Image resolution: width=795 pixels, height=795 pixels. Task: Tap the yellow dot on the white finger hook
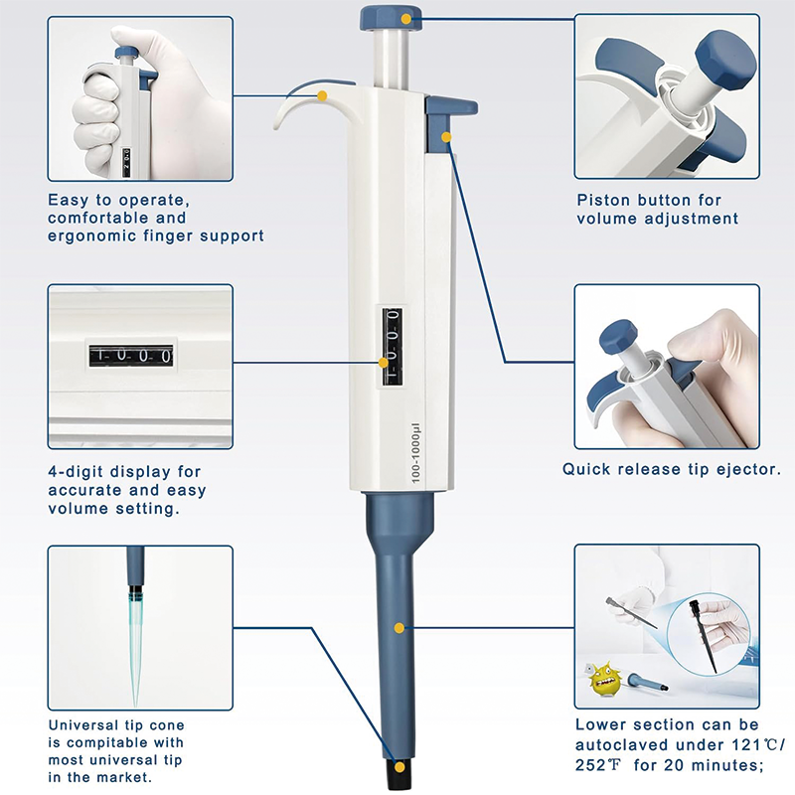click(323, 95)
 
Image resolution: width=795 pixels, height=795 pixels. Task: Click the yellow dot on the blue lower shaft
click(398, 628)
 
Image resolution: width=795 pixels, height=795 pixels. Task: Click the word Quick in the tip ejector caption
click(586, 469)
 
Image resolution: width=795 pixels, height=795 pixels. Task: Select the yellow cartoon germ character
click(603, 681)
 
